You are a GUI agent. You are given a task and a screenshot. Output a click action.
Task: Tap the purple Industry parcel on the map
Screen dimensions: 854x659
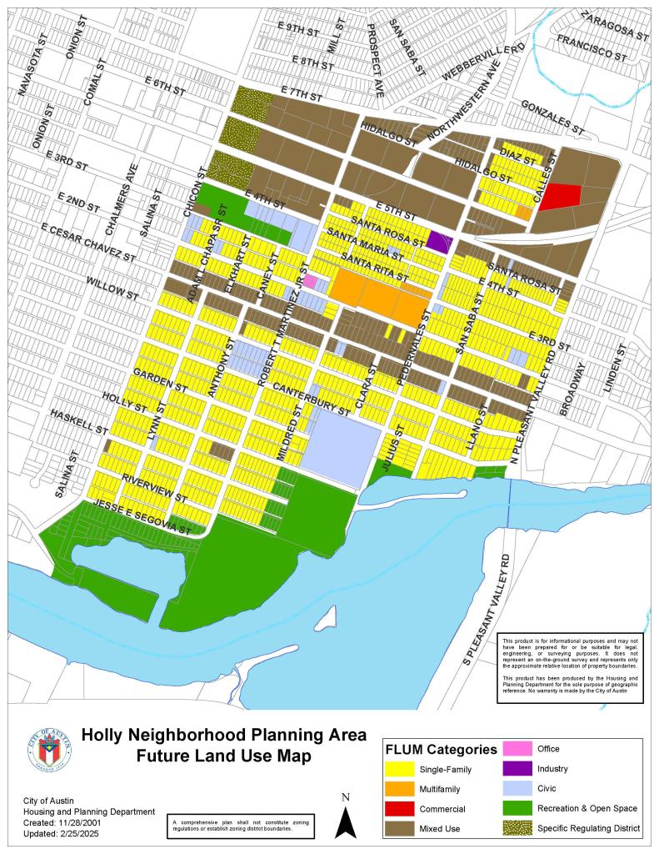click(439, 242)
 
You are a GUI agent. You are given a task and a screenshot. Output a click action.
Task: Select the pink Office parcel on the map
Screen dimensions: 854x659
click(309, 281)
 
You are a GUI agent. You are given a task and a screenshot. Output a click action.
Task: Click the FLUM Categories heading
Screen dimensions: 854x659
click(441, 749)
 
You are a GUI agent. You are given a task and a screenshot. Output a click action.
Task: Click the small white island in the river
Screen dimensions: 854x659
click(329, 617)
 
